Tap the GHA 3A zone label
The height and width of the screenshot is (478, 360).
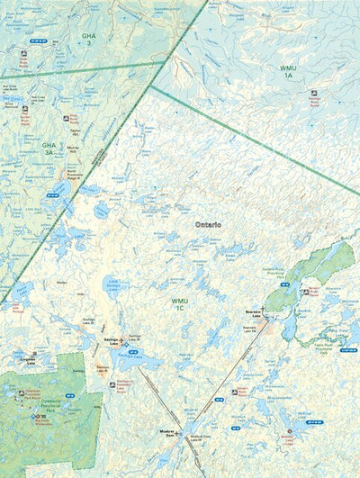(x=49, y=148)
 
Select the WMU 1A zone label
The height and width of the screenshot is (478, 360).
(x=287, y=71)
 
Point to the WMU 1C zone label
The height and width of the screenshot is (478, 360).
(x=179, y=305)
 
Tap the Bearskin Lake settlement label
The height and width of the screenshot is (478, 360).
(x=253, y=316)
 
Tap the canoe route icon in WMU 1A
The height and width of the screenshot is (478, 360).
(x=313, y=93)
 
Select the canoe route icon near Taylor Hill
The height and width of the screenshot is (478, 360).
(x=66, y=118)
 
